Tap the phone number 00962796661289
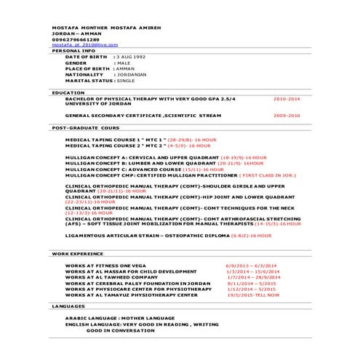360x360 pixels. pyautogui.click(x=76, y=39)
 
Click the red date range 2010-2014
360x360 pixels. pyautogui.click(x=287, y=97)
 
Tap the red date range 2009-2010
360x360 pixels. pyautogui.click(x=287, y=115)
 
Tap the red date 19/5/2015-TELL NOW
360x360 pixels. pyautogui.click(x=253, y=295)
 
